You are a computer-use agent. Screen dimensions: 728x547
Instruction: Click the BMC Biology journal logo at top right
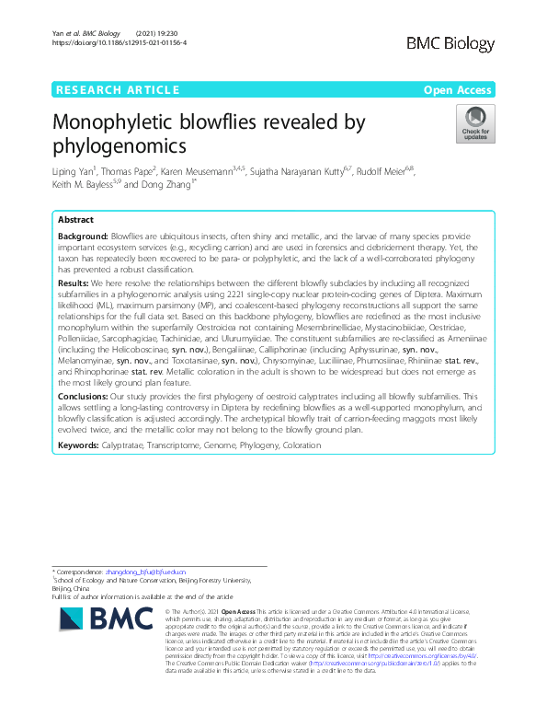pyautogui.click(x=450, y=42)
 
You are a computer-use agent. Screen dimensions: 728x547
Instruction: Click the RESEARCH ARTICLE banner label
pyautogui.click(x=117, y=89)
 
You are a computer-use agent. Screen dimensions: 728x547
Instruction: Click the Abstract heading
pyautogui.click(x=75, y=221)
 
